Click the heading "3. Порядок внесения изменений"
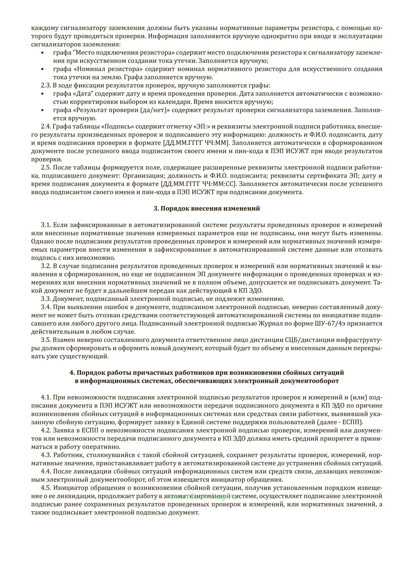(x=207, y=208)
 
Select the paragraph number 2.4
(x=46, y=127)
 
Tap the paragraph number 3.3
(x=46, y=299)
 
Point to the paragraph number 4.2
(x=46, y=430)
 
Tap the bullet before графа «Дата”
(x=42, y=94)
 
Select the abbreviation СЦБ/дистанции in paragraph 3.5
(x=297, y=340)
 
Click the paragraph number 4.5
(x=46, y=488)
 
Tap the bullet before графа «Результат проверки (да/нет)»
(x=42, y=110)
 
